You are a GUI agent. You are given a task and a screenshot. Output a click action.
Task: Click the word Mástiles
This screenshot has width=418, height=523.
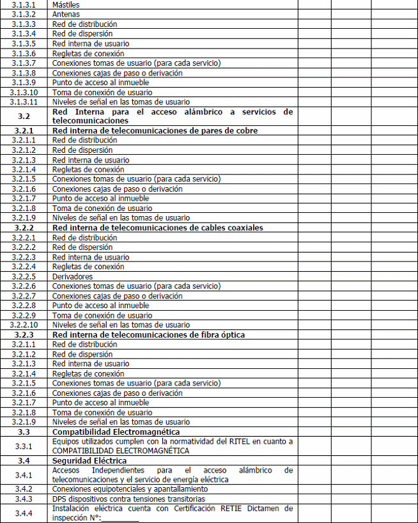[65, 4]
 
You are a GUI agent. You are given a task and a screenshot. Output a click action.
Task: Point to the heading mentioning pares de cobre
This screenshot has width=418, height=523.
[156, 131]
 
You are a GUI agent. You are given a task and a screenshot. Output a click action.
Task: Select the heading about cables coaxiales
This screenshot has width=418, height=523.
[157, 228]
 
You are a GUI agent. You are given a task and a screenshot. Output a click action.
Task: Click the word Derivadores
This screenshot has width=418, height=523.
[72, 276]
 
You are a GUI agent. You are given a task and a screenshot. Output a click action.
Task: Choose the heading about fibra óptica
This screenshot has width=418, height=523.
[148, 334]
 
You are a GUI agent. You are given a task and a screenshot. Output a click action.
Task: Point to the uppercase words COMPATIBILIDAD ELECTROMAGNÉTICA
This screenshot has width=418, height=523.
[121, 450]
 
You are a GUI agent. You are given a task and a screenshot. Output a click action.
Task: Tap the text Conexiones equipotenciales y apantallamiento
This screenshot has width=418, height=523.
[121, 489]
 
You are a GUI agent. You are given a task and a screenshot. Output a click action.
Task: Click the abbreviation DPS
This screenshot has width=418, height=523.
[59, 499]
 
